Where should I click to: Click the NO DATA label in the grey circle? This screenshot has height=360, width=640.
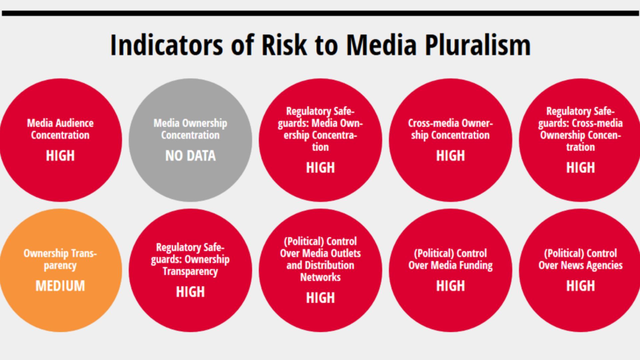[190, 156]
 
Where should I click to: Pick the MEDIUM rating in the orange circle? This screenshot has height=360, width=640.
[60, 286]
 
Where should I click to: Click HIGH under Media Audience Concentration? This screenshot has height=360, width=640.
[60, 156]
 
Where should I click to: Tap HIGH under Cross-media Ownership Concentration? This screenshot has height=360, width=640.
[450, 156]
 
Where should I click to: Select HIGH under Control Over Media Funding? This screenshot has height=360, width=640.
[450, 286]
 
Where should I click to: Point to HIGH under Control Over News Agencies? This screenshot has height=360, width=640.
[580, 286]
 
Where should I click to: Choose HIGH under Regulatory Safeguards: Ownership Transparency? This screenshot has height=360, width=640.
[190, 292]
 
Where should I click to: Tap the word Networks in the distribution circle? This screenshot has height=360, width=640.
[320, 277]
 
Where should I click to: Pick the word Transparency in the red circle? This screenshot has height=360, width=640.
[190, 272]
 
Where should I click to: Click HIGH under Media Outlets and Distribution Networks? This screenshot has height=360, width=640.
[320, 298]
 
